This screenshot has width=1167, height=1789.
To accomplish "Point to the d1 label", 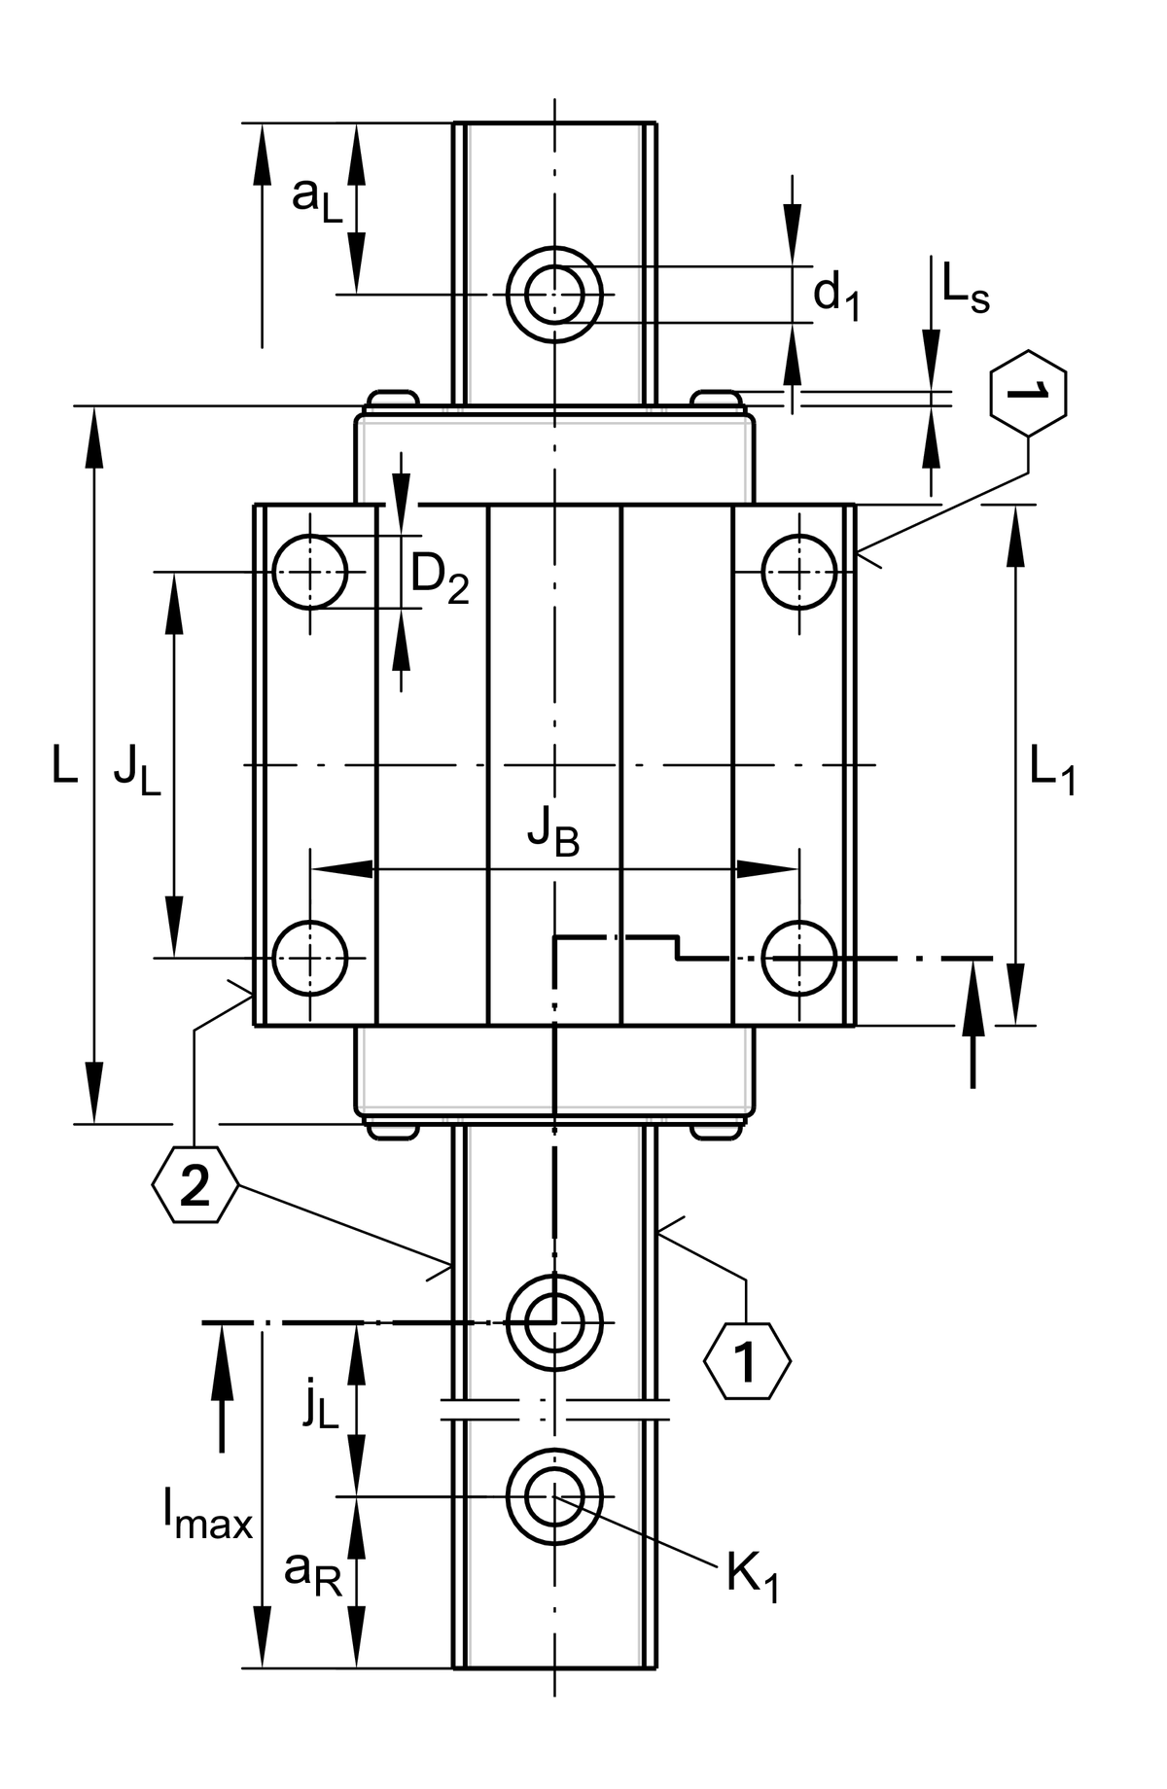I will pyautogui.click(x=836, y=295).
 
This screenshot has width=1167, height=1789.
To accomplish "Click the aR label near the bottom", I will pyautogui.click(x=313, y=1572).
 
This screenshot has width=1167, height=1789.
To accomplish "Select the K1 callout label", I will pyautogui.click(x=752, y=1577).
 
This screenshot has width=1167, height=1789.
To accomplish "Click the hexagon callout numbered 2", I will pyautogui.click(x=194, y=1185).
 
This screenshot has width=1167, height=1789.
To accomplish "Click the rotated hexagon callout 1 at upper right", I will pyautogui.click(x=1028, y=391).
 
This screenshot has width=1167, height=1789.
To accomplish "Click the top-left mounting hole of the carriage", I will pyautogui.click(x=310, y=571).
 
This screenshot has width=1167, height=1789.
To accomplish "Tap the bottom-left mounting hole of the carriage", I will pyautogui.click(x=310, y=958).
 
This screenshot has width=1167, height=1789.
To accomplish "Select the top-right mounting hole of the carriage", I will pyautogui.click(x=799, y=571).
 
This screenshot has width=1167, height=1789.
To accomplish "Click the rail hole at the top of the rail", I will pyautogui.click(x=554, y=294).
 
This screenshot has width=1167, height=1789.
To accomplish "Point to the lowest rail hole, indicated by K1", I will pyautogui.click(x=554, y=1496).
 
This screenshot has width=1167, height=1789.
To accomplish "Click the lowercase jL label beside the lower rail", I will pyautogui.click(x=319, y=1407).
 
